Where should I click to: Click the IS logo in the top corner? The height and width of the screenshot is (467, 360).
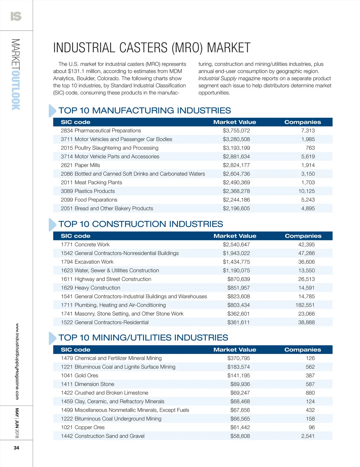[16, 16]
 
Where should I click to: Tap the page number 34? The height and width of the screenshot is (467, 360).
[16, 448]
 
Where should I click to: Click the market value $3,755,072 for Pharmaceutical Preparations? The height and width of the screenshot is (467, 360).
[236, 131]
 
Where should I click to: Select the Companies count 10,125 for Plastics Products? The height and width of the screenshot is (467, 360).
[306, 191]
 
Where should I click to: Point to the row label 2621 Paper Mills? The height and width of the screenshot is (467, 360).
[80, 165]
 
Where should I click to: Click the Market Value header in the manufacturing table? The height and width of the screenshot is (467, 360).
[235, 122]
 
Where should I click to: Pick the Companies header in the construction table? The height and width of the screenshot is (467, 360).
[303, 236]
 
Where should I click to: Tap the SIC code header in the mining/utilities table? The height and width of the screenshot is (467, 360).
[76, 350]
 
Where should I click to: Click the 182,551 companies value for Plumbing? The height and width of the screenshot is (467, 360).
[305, 305]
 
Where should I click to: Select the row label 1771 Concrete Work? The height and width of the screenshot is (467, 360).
[85, 245]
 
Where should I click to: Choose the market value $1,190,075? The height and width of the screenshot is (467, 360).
[236, 271]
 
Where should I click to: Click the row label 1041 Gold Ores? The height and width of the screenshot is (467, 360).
[79, 376]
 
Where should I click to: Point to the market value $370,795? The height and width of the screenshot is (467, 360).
[238, 358]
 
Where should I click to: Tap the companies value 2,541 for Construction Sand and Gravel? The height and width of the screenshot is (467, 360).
[308, 436]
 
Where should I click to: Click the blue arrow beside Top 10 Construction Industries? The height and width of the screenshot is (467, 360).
[52, 225]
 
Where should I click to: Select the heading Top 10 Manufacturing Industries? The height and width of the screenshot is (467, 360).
[145, 111]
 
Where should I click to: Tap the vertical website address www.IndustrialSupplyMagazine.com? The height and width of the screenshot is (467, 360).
[17, 361]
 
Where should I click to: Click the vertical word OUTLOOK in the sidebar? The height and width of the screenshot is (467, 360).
[16, 90]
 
